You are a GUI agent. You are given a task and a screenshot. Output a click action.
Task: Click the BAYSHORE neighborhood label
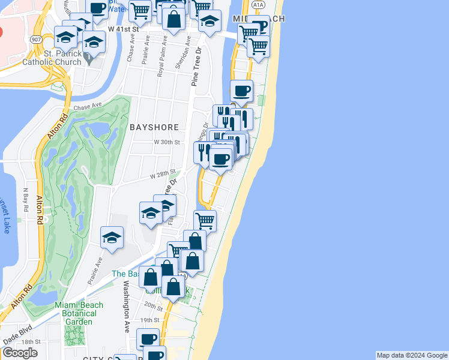[154, 127]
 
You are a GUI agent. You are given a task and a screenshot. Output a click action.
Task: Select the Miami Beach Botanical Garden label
[79, 313]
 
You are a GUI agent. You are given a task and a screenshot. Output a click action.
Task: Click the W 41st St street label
[124, 29]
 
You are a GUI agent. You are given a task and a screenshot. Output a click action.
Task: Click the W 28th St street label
[162, 174]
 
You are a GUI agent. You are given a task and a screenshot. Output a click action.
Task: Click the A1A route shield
[258, 4]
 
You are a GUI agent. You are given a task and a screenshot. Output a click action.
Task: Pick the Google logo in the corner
[20, 353]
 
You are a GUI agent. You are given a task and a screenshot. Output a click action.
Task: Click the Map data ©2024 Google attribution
[411, 355]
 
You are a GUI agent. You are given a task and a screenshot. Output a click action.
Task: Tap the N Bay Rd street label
[26, 200]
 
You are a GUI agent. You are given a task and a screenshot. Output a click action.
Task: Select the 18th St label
[31, 341]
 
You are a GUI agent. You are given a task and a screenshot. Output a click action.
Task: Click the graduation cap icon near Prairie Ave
[112, 238]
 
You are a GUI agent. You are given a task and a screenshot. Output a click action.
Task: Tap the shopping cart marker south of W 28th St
[205, 220]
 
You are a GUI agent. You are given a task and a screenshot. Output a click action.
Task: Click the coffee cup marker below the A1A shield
[241, 91]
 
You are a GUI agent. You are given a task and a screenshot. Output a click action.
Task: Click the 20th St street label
[153, 307]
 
